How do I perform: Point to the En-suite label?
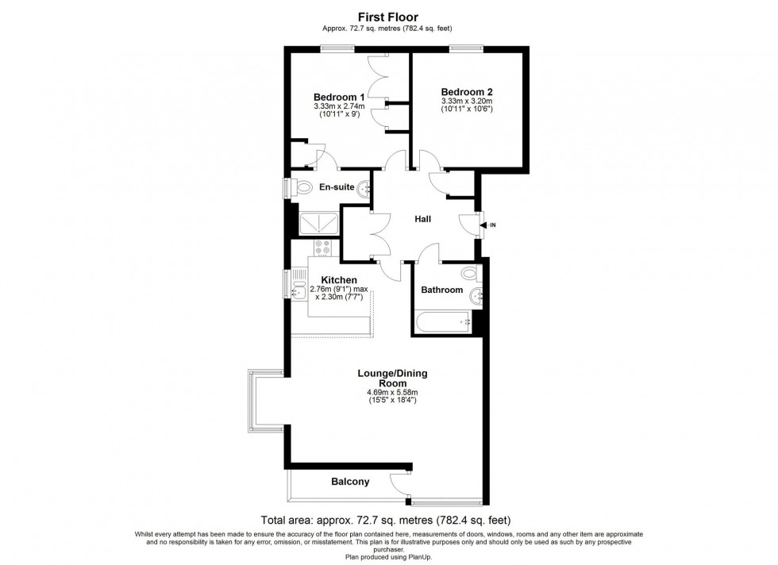[337, 188]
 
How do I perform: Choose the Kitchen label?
[339, 280]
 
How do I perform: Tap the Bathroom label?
[441, 290]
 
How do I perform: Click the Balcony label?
[350, 482]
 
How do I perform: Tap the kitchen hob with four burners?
[322, 248]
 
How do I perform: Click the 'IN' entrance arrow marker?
[485, 226]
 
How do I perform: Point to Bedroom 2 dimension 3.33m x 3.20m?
[468, 101]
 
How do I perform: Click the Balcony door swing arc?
[399, 481]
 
